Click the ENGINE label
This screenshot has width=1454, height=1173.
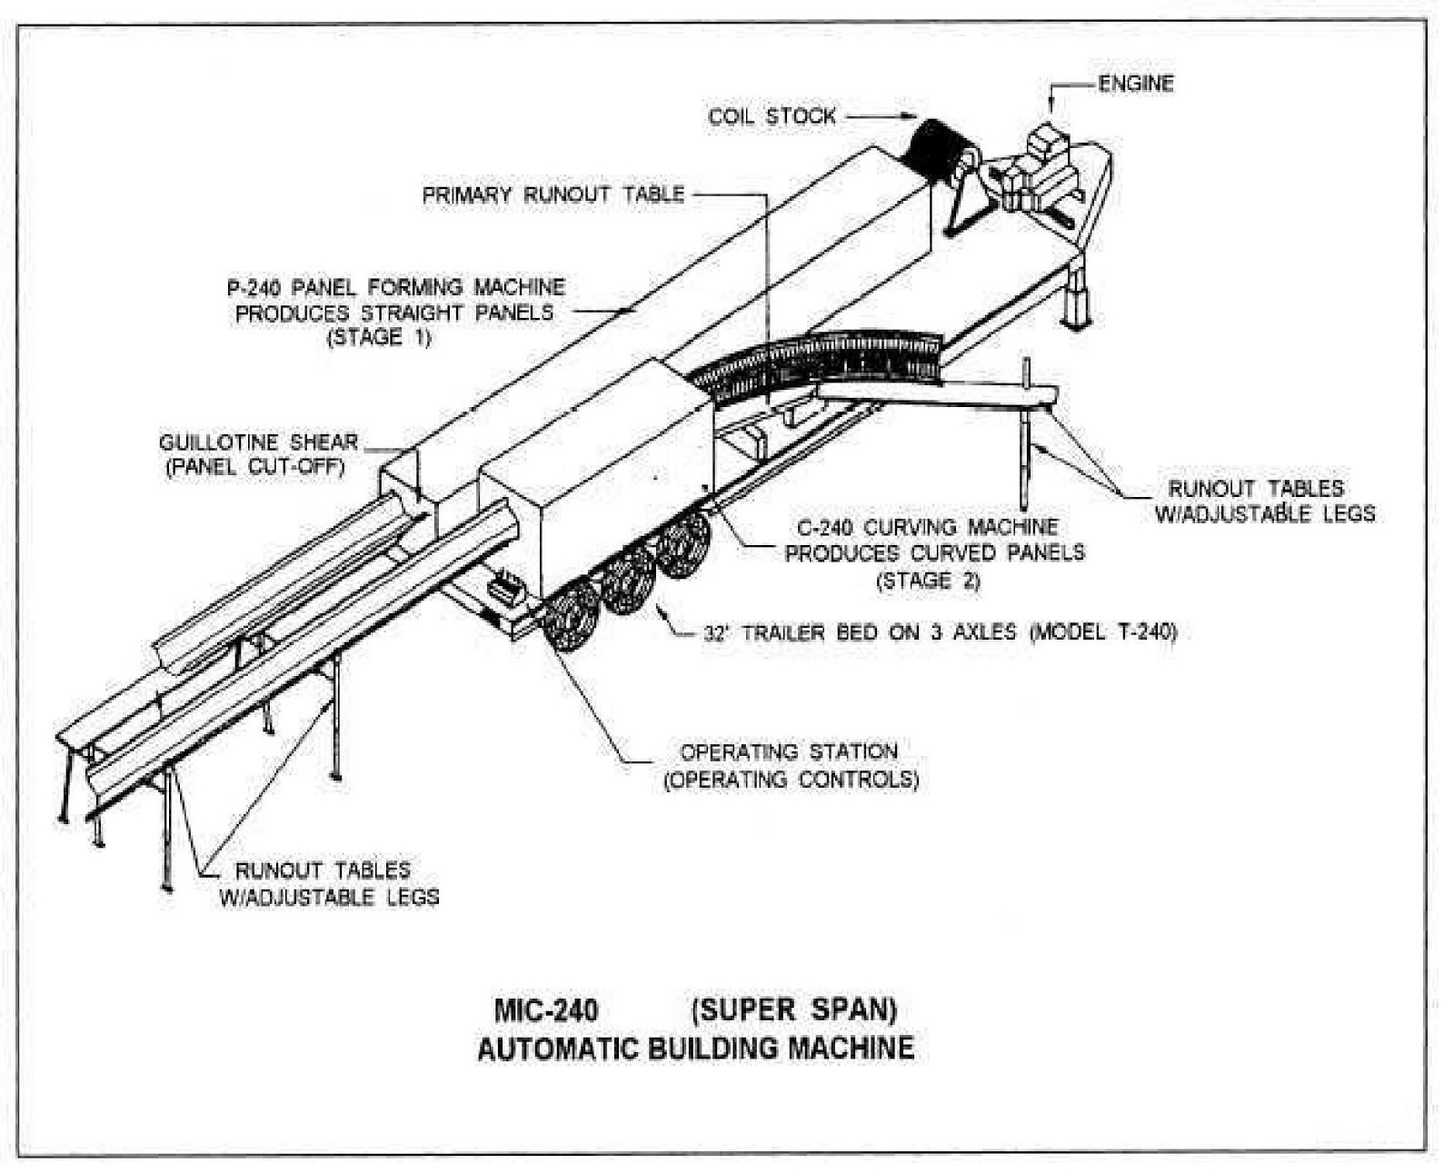pos(1135,84)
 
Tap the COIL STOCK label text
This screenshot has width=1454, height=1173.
pos(772,116)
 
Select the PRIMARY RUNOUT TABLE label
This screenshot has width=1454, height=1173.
pos(553,194)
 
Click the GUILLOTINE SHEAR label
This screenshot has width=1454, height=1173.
pos(259,442)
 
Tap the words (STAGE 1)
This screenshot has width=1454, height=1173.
pos(379,337)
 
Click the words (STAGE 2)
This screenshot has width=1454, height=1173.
pos(928,581)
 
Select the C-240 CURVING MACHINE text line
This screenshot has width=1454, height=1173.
pos(928,527)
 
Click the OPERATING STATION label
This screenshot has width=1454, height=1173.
pos(789,752)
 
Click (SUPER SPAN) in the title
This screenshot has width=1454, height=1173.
pos(793,1009)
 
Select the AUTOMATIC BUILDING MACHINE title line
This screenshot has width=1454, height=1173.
pos(695,1049)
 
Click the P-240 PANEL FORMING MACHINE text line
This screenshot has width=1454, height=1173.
pos(395,287)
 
